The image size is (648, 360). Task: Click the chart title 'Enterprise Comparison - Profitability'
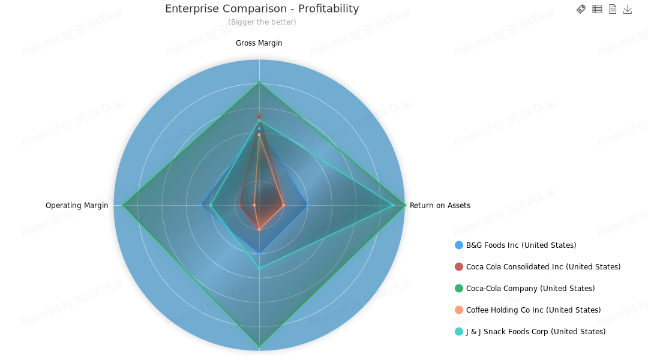coord(262,8)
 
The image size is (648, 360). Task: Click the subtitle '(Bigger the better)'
coord(262,22)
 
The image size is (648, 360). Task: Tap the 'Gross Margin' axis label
coord(259,43)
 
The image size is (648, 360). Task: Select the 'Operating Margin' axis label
coord(77,205)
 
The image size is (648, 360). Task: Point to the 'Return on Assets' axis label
coord(440,205)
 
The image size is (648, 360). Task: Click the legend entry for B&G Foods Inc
coord(521,245)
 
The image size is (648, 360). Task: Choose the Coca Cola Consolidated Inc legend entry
coord(543,266)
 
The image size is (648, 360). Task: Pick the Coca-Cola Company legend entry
coord(530,288)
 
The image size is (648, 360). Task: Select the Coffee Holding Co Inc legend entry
coord(533,310)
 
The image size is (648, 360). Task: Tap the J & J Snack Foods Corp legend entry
coord(536,331)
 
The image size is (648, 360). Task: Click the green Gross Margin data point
coord(259,83)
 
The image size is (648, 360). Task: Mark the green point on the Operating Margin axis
coord(123,205)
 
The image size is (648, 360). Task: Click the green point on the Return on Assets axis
coord(404,205)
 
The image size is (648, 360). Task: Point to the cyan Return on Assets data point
coord(392,205)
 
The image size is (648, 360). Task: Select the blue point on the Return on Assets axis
coord(308,205)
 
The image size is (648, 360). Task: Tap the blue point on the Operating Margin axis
coord(200,205)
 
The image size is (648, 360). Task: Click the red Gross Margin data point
coord(259,115)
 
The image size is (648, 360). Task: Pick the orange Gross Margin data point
coord(259,135)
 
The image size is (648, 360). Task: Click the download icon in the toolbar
coord(628,9)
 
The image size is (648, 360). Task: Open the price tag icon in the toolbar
coord(581,9)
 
